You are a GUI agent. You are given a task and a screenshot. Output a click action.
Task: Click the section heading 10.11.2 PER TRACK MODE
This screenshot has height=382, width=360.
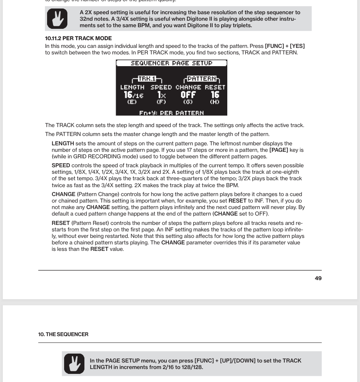pos(78,38)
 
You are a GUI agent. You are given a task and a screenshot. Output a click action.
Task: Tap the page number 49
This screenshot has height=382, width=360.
pos(318,278)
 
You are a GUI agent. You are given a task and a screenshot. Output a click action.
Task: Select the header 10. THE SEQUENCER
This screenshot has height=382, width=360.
pos(63,335)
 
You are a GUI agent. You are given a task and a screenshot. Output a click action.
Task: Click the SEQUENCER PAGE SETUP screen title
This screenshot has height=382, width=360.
pos(171,63)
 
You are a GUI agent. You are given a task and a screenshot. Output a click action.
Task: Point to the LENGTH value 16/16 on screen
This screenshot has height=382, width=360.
pos(133,95)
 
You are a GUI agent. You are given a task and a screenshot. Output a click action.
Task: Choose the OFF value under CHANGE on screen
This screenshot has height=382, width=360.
pos(188,95)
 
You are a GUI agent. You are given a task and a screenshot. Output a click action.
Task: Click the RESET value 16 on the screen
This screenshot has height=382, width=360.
pos(215,95)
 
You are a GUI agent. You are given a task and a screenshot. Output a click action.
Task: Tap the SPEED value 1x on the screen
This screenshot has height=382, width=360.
pos(161,95)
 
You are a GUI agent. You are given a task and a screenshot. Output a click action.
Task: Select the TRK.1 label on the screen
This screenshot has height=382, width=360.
pos(147,79)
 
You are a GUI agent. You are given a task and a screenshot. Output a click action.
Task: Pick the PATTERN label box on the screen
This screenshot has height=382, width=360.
pos(202,79)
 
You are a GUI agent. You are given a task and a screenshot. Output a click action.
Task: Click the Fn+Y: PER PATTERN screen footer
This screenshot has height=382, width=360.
pos(171,113)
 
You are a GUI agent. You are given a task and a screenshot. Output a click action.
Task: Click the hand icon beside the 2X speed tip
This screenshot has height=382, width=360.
pos(57,19)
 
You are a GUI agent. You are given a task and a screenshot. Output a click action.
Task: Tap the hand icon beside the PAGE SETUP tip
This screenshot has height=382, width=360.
pos(74,364)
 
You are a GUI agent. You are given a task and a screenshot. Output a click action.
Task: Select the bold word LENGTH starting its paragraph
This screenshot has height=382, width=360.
pos(63,143)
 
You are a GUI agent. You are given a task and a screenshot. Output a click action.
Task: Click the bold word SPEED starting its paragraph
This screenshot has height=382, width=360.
pos(61,165)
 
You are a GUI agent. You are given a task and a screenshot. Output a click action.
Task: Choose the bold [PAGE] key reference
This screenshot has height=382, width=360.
pos(279,150)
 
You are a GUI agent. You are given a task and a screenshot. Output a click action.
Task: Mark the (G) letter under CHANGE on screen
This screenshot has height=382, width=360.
pos(188,102)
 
